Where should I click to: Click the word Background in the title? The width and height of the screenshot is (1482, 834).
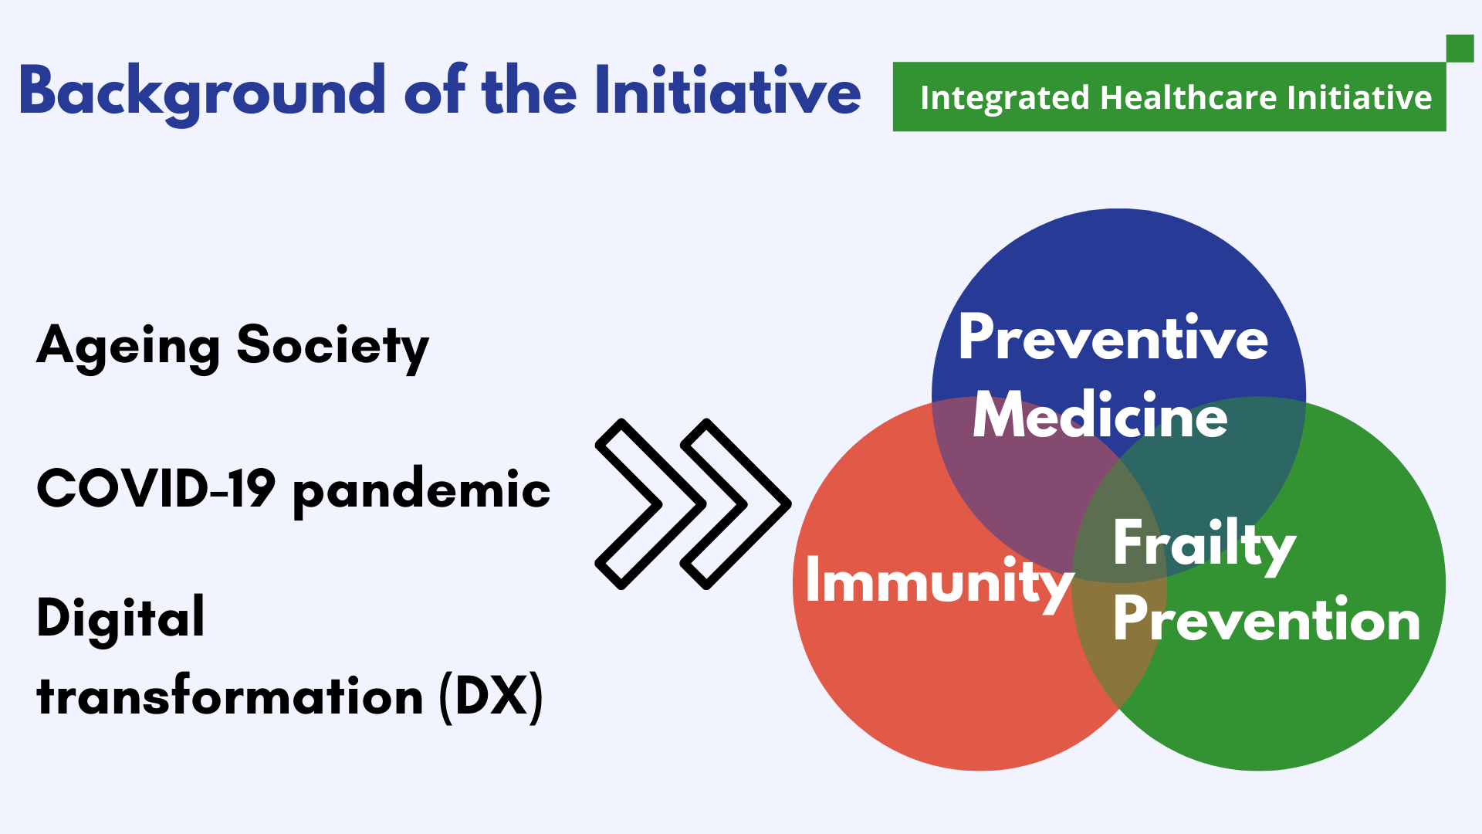pos(202,93)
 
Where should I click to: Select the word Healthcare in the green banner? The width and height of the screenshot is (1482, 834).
pos(1189,98)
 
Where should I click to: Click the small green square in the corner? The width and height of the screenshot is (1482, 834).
pos(1460,48)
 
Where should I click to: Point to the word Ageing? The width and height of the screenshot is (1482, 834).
pos(128,347)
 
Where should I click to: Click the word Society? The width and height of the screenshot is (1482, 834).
pos(333,347)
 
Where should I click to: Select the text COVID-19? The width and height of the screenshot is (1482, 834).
pos(156,488)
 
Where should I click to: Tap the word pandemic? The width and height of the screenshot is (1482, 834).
pos(421,491)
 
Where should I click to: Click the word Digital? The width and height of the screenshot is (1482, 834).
pos(120,618)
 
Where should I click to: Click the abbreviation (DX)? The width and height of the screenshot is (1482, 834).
pos(492,697)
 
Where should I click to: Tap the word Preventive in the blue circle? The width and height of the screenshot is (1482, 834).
pos(1113,338)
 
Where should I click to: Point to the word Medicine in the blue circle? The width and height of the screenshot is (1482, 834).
pos(1100,415)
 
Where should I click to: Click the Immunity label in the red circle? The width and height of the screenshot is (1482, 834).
pos(939,584)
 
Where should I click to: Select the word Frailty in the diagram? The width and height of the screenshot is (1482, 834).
pos(1204,546)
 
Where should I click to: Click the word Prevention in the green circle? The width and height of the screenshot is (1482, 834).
pos(1267,619)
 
